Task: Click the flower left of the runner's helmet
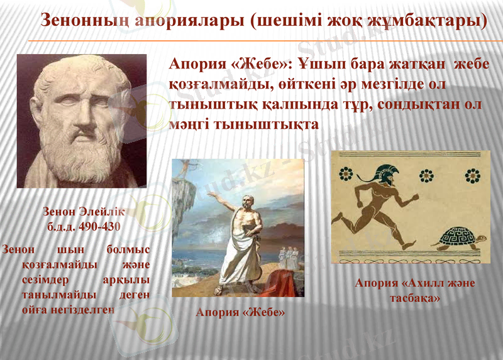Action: pos(345,175)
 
